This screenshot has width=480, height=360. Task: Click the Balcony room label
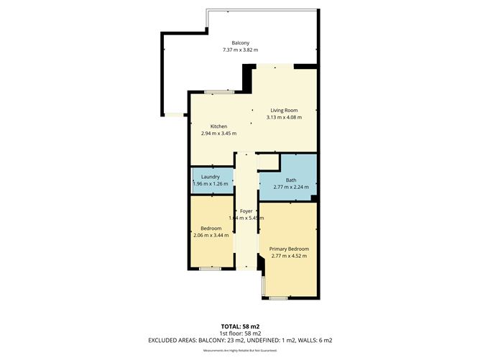pos(240,42)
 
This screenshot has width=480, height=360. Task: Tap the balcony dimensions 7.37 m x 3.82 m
pos(240,50)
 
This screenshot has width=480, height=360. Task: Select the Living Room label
pos(284,110)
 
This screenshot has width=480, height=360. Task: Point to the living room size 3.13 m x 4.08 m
pos(284,117)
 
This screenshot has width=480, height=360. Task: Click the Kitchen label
pos(218,126)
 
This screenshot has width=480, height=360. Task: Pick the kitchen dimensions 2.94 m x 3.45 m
pos(218,134)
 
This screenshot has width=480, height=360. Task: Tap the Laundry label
pos(211,177)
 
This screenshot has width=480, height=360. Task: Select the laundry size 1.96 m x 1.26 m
pos(211,184)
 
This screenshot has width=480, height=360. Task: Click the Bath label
pos(290,180)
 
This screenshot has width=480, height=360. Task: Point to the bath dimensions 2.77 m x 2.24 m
pos(290,187)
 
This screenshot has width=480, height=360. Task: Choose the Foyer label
pos(246,211)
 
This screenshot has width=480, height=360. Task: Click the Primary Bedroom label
pos(288,249)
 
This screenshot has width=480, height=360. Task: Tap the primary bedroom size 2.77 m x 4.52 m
pos(288,256)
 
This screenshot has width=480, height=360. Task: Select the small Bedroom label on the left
pos(211,228)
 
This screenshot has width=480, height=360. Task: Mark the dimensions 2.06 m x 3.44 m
pos(211,235)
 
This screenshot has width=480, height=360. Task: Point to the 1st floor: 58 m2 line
pos(240,333)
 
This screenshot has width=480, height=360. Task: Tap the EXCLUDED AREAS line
pos(240,340)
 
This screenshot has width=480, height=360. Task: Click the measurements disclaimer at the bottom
pos(240,350)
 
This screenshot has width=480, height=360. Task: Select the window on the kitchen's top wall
pos(218,92)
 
